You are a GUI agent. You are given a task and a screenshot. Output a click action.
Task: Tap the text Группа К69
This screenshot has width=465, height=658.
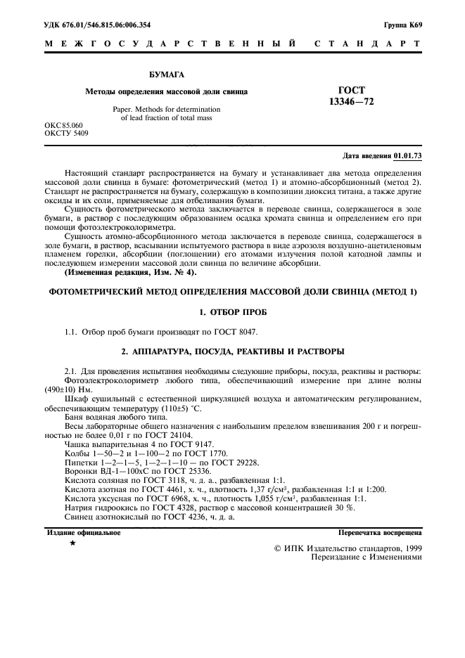403,25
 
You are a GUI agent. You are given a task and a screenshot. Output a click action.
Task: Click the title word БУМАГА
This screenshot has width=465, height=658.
167,75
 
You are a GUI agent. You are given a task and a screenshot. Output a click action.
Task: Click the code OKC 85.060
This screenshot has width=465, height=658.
63,125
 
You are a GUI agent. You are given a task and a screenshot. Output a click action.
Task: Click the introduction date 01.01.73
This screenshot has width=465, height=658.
408,155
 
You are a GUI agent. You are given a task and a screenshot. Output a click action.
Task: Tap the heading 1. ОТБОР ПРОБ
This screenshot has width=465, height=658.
232,311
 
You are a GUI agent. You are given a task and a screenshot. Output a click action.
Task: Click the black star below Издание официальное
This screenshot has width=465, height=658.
72,544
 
